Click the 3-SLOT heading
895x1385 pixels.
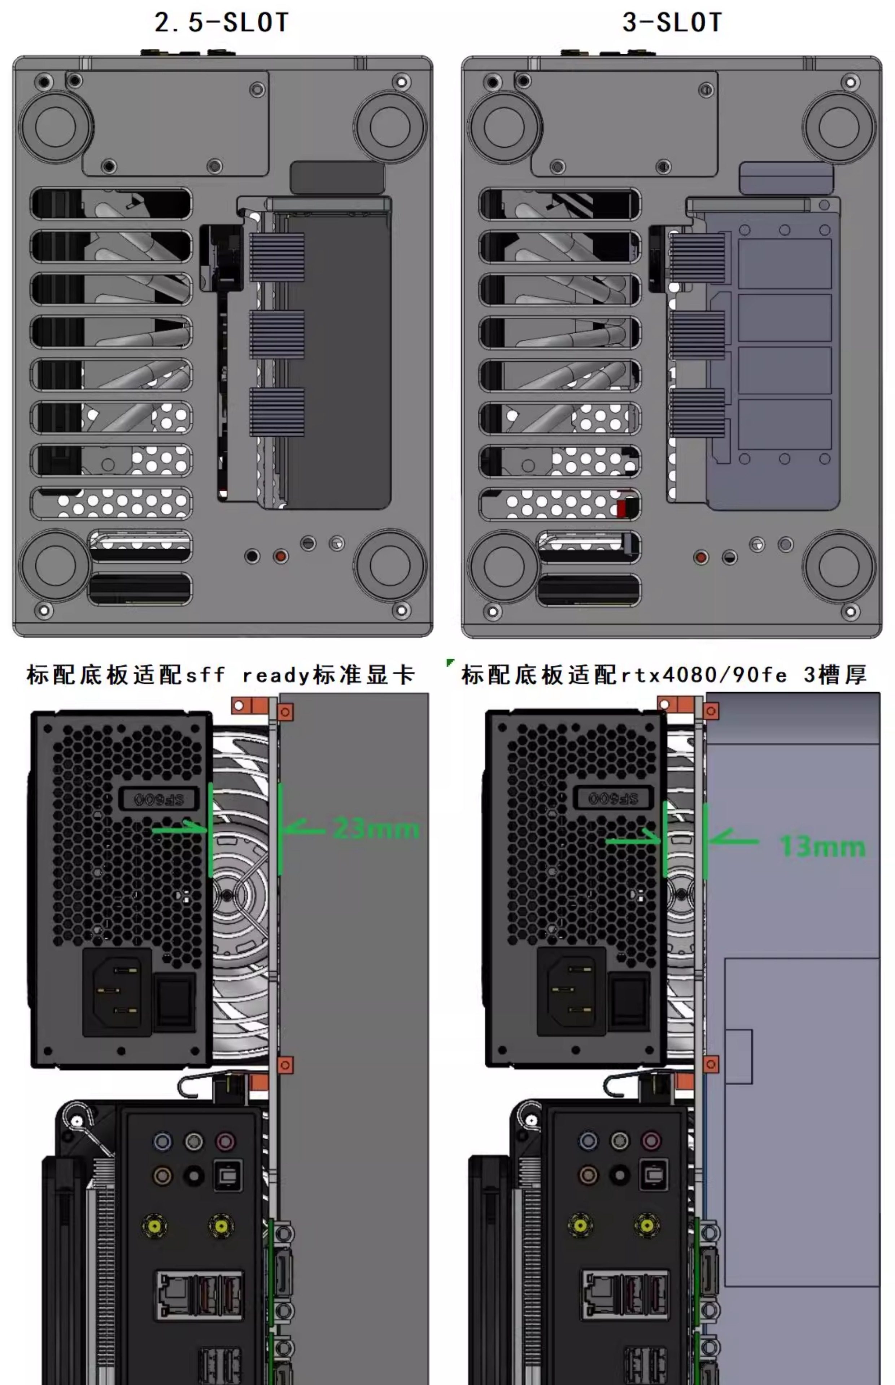(672, 23)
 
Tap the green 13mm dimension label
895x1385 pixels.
(822, 846)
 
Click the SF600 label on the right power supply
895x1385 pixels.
(613, 799)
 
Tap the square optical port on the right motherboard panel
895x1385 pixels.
(653, 1175)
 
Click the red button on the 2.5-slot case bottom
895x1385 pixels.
(281, 556)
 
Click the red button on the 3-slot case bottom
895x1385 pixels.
(701, 558)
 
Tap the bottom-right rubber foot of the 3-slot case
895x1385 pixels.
(839, 566)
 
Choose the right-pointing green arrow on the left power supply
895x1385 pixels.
(180, 829)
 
